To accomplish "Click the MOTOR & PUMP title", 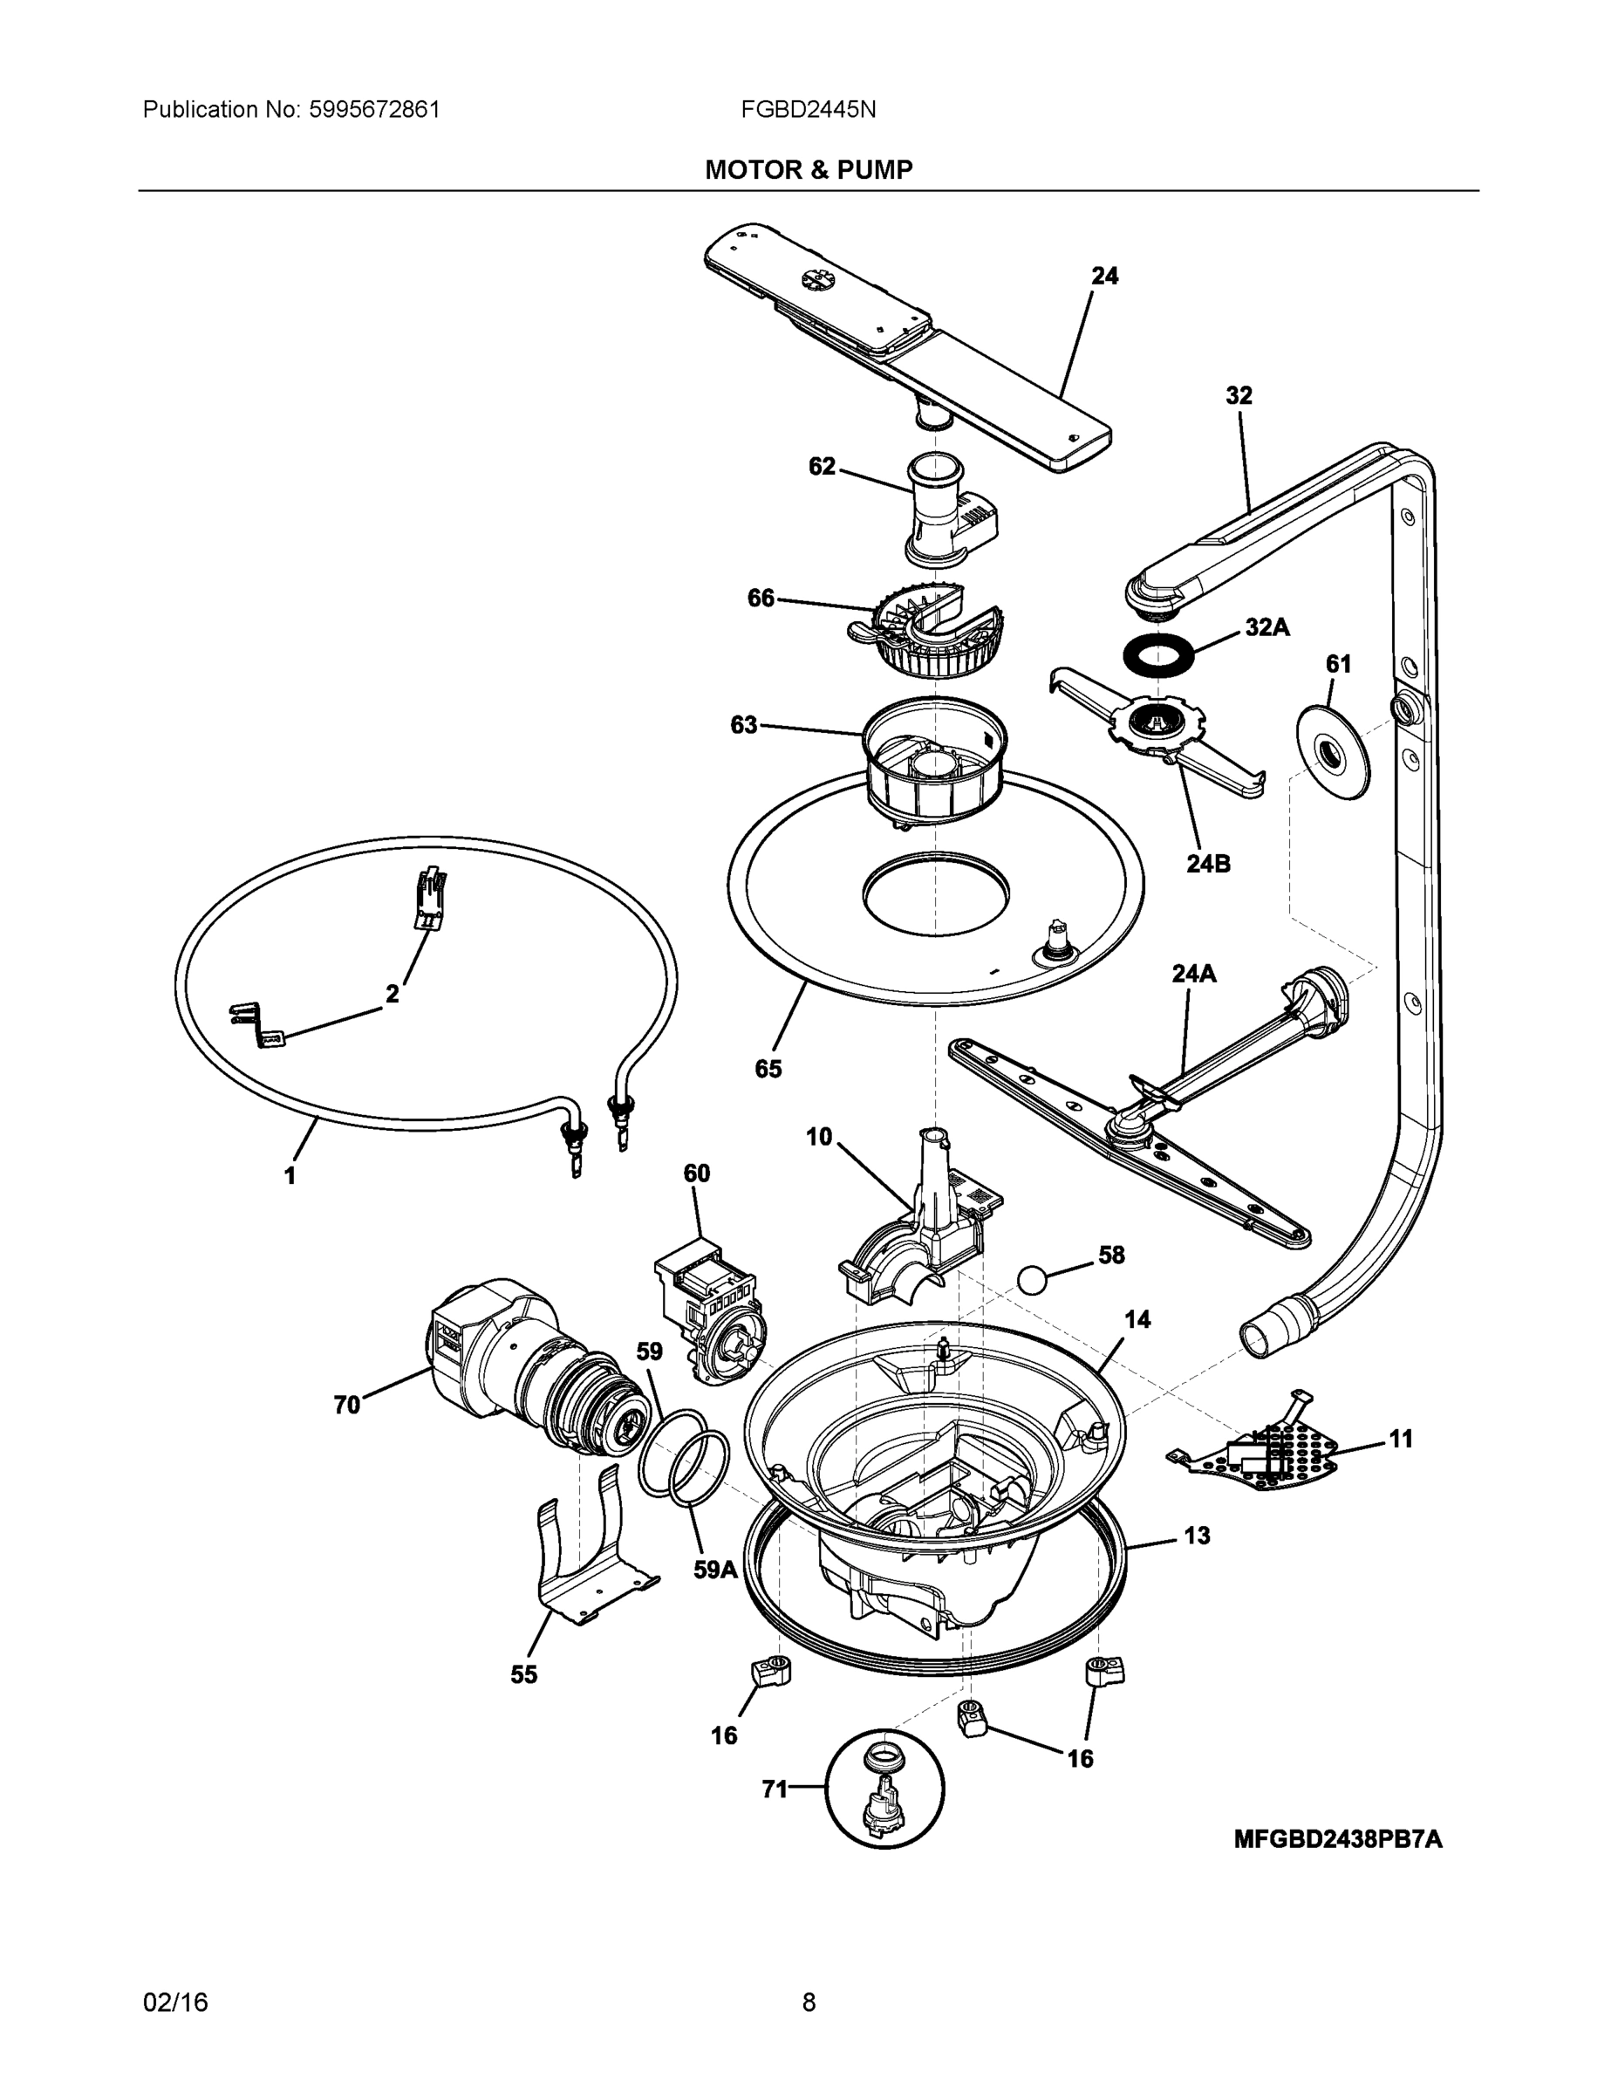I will tap(808, 170).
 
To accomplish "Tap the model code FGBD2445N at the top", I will tap(807, 109).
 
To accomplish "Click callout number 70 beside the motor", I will tap(346, 1405).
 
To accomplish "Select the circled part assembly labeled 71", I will tap(884, 1789).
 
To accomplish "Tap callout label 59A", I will tap(715, 1570).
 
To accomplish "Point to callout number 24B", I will tap(1208, 863).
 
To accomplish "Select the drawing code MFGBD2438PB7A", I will tap(1337, 1839).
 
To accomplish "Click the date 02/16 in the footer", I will tap(175, 2002).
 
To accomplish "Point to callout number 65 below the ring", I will tap(768, 1068).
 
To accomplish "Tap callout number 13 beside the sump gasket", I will tap(1196, 1535).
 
